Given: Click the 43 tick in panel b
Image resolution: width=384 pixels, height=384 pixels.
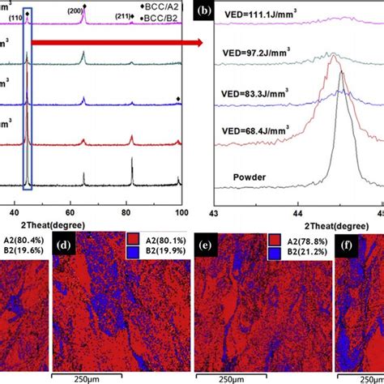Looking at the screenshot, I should coord(214,213).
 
